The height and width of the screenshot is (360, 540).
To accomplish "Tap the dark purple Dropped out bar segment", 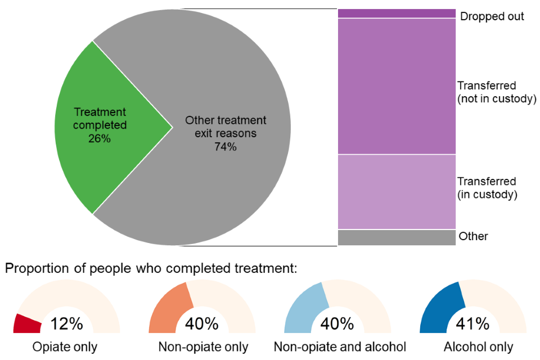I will [396, 13].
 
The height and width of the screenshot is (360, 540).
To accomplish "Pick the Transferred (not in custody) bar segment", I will [396, 86].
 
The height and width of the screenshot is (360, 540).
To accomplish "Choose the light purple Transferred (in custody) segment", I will [396, 191].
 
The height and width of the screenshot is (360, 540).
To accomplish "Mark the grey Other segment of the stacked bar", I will [396, 237].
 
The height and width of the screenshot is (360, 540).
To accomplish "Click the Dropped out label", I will [492, 16].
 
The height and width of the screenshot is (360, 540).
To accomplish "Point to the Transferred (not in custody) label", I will [494, 93].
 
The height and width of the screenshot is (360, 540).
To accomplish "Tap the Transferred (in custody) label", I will [487, 188].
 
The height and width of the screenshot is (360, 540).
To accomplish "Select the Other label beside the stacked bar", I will [473, 236].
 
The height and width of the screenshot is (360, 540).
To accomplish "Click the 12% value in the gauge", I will [66, 324].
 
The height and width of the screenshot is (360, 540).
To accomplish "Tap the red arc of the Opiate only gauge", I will [27, 323].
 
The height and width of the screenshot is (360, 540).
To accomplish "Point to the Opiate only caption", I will [66, 347].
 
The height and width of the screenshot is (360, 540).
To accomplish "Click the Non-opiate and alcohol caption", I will [340, 347].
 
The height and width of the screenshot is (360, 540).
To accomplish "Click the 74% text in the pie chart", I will [226, 147].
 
